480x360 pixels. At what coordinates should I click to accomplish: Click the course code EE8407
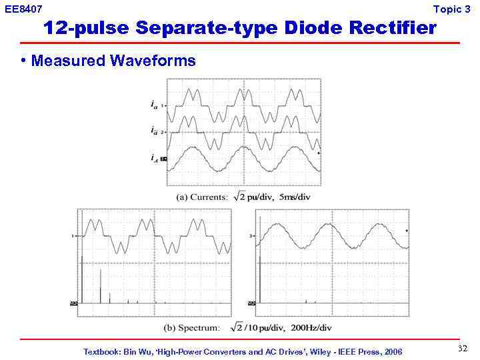(x=23, y=9)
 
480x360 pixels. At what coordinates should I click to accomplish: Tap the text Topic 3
(x=451, y=9)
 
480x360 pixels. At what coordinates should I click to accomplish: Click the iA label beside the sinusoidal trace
(x=154, y=158)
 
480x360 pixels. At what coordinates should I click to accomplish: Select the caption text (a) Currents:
(x=200, y=197)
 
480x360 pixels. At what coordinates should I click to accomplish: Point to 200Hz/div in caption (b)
(x=308, y=327)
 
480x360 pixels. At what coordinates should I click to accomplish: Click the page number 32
(x=463, y=349)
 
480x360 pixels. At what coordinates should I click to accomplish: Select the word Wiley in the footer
(x=317, y=351)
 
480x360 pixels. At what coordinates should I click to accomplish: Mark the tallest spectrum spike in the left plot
(x=81, y=280)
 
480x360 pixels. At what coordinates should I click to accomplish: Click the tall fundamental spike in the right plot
(x=260, y=267)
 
